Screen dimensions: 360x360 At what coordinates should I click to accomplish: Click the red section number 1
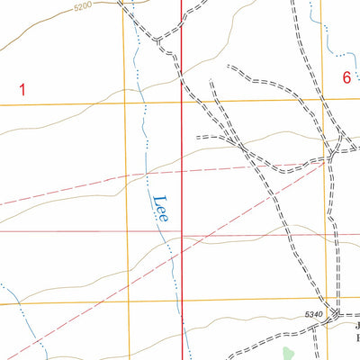tap(22, 88)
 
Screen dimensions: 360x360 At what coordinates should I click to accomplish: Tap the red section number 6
tap(346, 78)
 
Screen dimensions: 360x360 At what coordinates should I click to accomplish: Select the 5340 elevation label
tap(312, 312)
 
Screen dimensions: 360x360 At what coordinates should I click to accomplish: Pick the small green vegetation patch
tap(288, 352)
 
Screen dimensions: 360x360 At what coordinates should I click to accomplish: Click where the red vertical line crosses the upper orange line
tap(182, 102)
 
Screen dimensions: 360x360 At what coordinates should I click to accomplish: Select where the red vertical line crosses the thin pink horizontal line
tap(182, 232)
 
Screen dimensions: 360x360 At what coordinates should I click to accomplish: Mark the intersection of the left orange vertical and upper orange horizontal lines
tap(123, 103)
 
